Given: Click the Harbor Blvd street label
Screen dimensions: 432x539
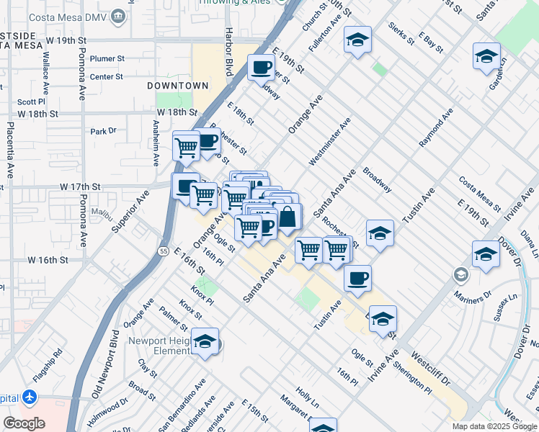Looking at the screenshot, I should tap(229, 51).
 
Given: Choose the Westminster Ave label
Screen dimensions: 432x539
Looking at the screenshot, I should tap(330, 142).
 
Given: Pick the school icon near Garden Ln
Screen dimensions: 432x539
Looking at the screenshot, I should tap(486, 55).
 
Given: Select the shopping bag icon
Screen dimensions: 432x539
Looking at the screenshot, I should tap(288, 216).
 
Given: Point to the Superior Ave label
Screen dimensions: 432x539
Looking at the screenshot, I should tap(130, 210).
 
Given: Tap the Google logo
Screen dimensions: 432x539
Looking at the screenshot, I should tap(24, 423).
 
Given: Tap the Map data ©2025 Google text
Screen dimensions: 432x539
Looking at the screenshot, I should tap(494, 426).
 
